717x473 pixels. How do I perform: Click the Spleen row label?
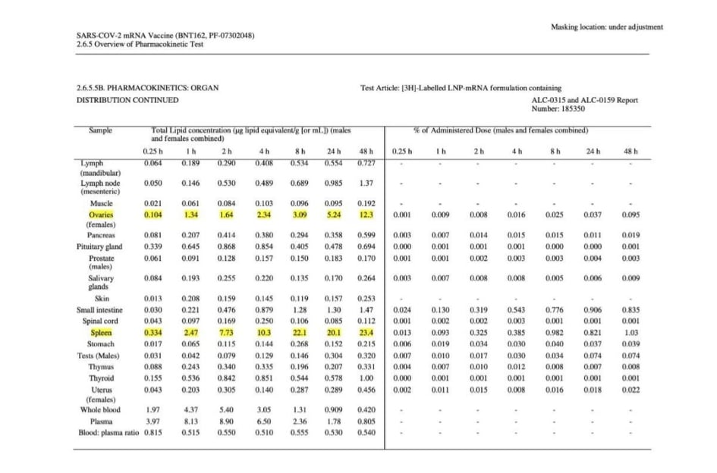pos(101,333)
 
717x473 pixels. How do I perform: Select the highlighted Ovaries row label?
pos(101,215)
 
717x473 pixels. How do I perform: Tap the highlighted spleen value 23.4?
pos(367,333)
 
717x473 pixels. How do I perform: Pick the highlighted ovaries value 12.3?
pos(367,215)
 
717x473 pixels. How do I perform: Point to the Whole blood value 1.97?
pos(153,410)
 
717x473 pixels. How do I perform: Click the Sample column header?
pos(100,130)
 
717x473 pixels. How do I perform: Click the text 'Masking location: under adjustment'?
pos(607,27)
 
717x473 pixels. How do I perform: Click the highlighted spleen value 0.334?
pos(153,333)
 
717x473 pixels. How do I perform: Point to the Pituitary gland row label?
pos(99,247)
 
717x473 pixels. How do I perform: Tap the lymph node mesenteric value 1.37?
pos(367,183)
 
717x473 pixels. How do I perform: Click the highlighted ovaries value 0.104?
pos(153,215)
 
